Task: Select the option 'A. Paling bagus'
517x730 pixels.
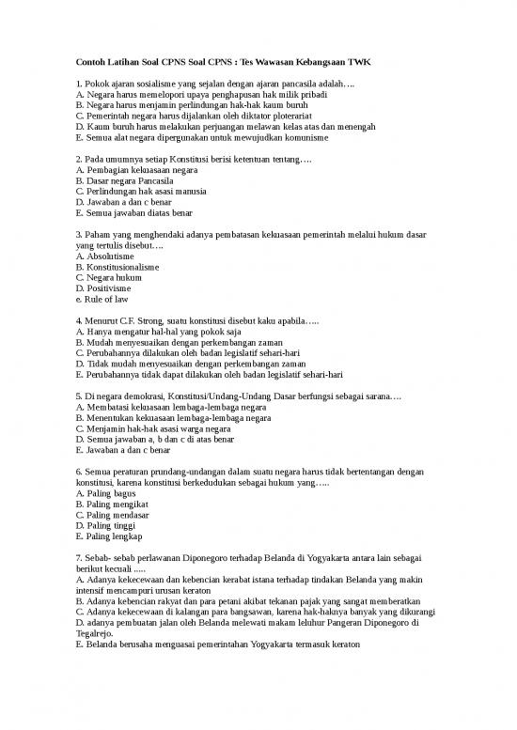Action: click(105, 493)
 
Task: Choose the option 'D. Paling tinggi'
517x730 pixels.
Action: click(106, 526)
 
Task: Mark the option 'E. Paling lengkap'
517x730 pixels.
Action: click(108, 536)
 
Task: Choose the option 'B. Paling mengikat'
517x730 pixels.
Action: click(111, 505)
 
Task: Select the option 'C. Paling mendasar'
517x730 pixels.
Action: click(112, 515)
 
